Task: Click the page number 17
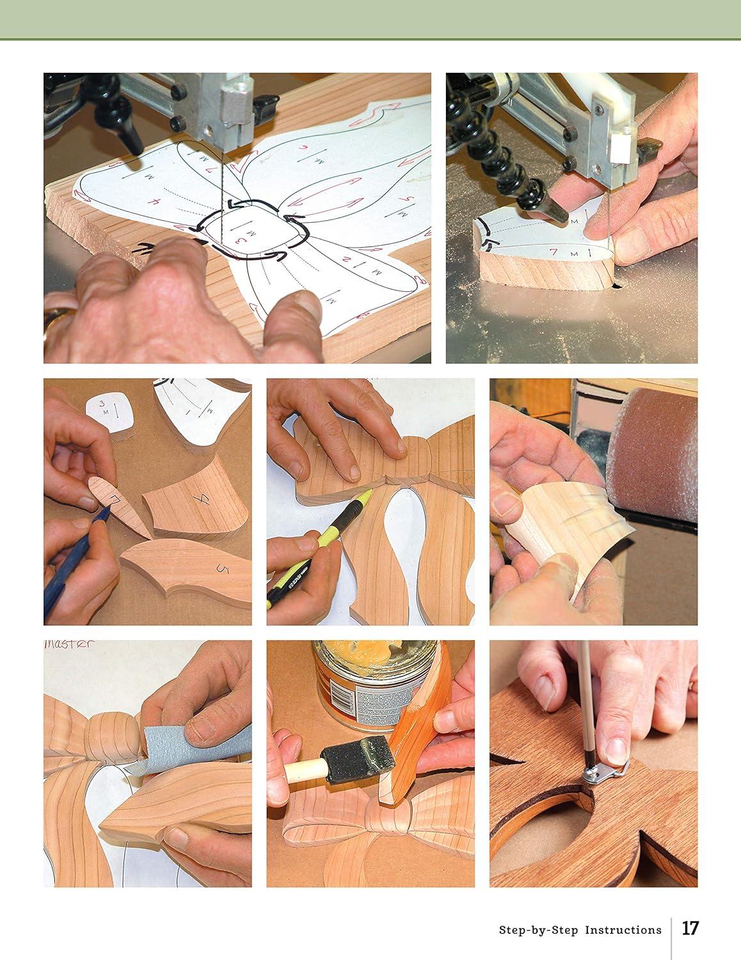(690, 929)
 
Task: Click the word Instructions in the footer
(623, 930)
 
